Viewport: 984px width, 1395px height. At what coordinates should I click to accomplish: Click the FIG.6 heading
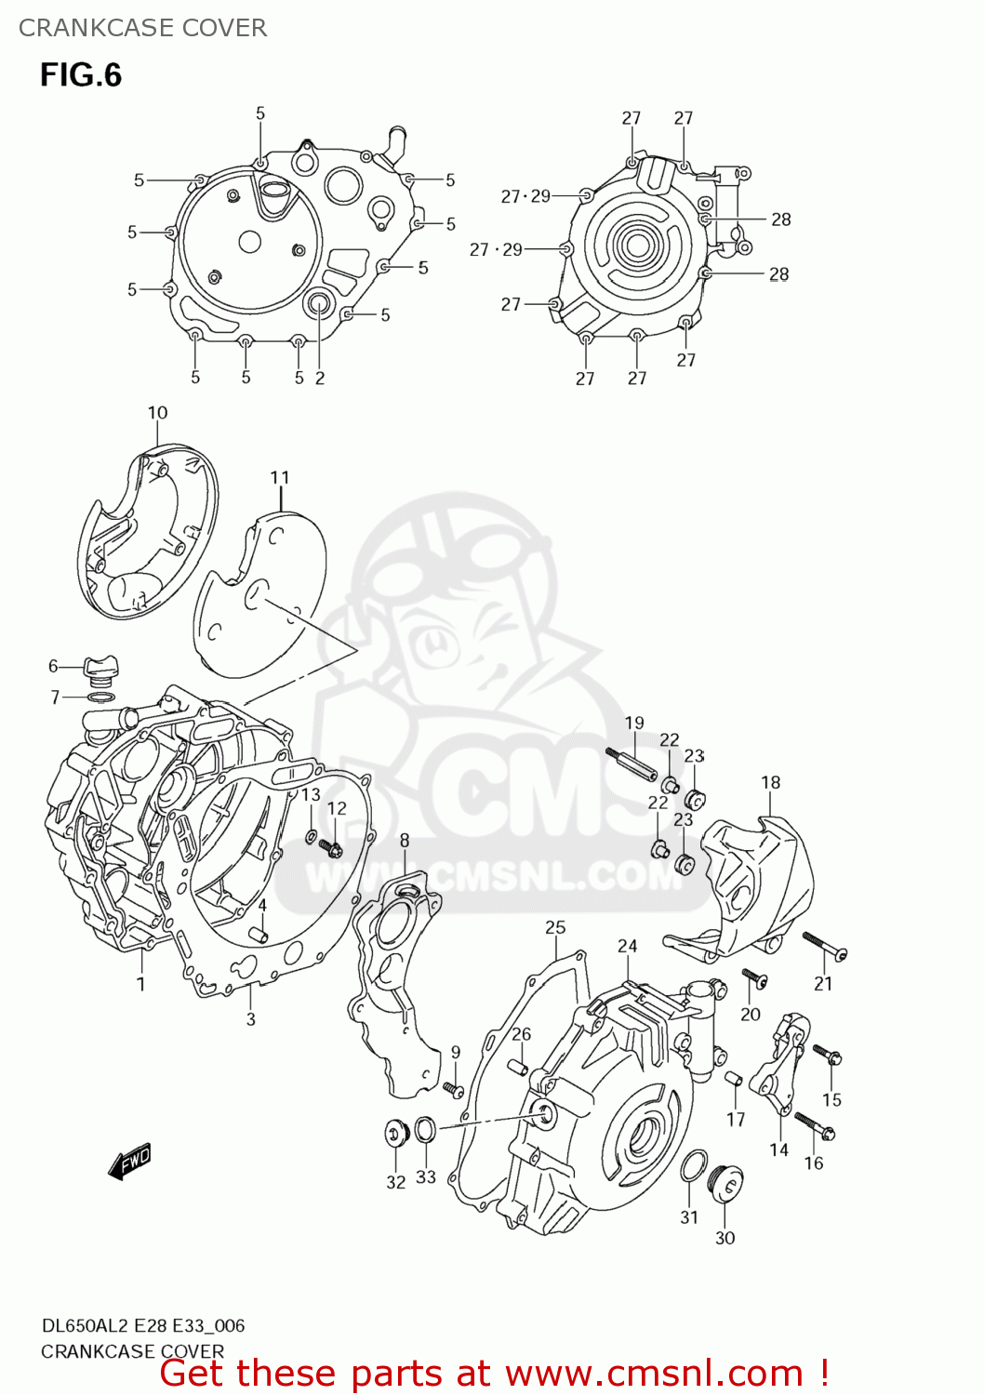pyautogui.click(x=81, y=74)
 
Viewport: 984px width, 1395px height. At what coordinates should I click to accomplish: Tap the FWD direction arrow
pyautogui.click(x=129, y=1162)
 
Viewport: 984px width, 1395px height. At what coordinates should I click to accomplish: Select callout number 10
pyautogui.click(x=157, y=413)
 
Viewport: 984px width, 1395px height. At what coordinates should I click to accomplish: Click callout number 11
pyautogui.click(x=280, y=477)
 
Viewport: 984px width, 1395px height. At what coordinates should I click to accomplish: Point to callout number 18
pyautogui.click(x=770, y=782)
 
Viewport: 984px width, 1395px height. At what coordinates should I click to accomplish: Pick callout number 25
pyautogui.click(x=555, y=927)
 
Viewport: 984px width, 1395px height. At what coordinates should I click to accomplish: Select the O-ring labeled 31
pyautogui.click(x=692, y=1166)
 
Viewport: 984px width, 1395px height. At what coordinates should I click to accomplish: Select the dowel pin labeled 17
pyautogui.click(x=734, y=1080)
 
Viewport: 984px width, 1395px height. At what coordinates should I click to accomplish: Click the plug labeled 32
pyautogui.click(x=397, y=1134)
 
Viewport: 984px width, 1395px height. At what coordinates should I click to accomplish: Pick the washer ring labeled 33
pyautogui.click(x=424, y=1129)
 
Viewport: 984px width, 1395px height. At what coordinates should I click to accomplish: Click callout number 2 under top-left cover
pyautogui.click(x=320, y=378)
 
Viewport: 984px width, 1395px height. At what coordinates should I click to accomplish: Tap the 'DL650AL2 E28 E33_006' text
pyautogui.click(x=142, y=1325)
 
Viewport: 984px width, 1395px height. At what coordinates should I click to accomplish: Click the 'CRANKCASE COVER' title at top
pyautogui.click(x=142, y=28)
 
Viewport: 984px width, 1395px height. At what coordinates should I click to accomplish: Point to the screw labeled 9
pyautogui.click(x=454, y=1088)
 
